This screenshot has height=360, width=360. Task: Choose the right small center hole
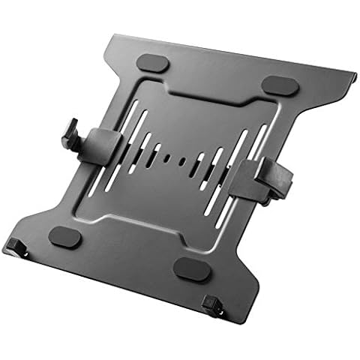click(186, 160)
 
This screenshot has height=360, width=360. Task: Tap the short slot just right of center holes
click(199, 162)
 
